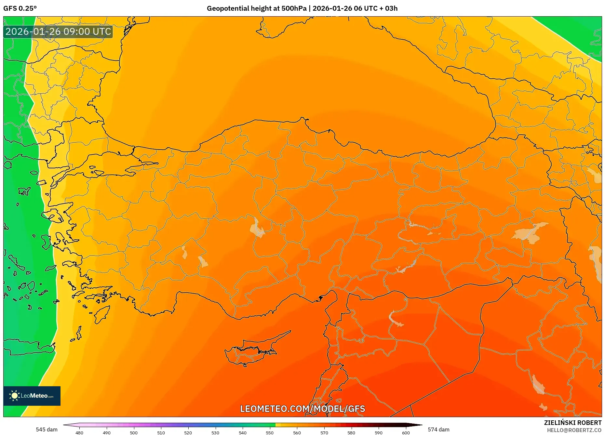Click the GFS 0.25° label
pyautogui.click(x=20, y=8)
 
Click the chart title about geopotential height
pyautogui.click(x=302, y=8)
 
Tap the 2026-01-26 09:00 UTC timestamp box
pyautogui.click(x=58, y=32)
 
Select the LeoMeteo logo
pyautogui.click(x=32, y=396)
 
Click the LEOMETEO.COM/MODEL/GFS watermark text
pyautogui.click(x=302, y=409)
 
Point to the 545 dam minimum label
pyautogui.click(x=47, y=429)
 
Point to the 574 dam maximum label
pyautogui.click(x=438, y=429)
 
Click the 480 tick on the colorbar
pyautogui.click(x=79, y=432)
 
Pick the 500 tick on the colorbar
pyautogui.click(x=134, y=432)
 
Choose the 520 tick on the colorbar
pyautogui.click(x=188, y=432)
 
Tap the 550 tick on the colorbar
pyautogui.click(x=270, y=432)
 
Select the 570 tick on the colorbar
pyautogui.click(x=324, y=432)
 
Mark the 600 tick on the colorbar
pyautogui.click(x=406, y=432)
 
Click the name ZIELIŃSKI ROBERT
pyautogui.click(x=572, y=423)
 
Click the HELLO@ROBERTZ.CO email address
pyautogui.click(x=574, y=430)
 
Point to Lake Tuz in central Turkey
pyautogui.click(x=257, y=228)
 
